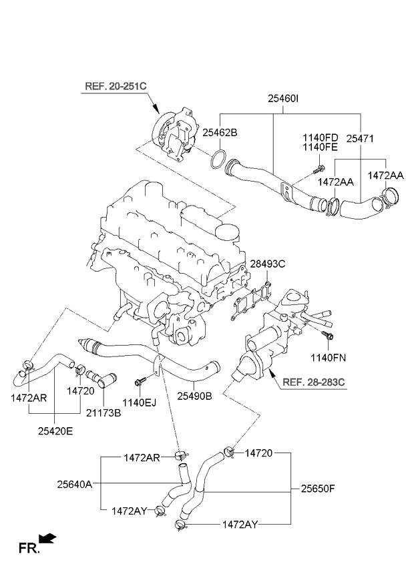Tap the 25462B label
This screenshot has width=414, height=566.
(x=220, y=132)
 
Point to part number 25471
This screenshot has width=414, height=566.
(x=359, y=139)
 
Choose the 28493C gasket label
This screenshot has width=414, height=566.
(x=268, y=264)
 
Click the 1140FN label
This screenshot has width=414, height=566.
(x=328, y=358)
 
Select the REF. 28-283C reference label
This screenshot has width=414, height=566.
(x=313, y=382)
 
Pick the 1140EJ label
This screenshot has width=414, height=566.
(x=139, y=402)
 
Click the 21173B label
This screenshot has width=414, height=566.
(x=103, y=413)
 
